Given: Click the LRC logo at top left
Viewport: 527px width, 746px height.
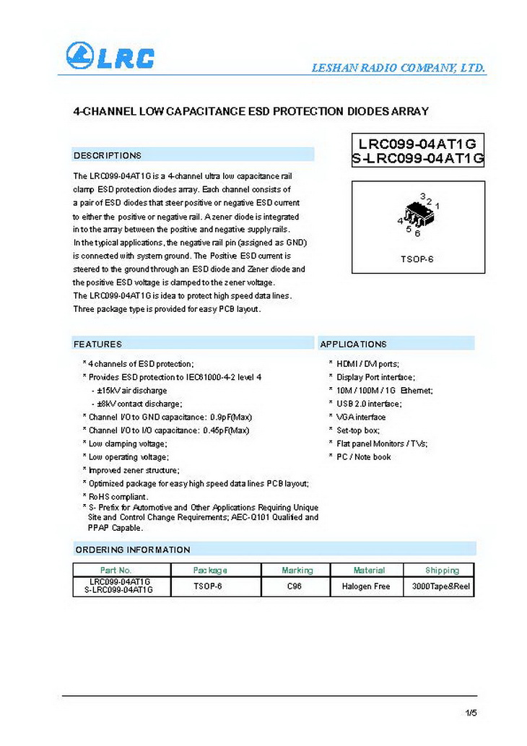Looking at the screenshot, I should pyautogui.click(x=110, y=56).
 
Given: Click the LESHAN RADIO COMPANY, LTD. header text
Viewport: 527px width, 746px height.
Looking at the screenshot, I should pyautogui.click(x=398, y=69).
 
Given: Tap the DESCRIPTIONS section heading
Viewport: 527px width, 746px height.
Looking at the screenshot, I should pyautogui.click(x=108, y=155).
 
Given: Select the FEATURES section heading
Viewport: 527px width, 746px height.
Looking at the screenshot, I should pyautogui.click(x=98, y=344).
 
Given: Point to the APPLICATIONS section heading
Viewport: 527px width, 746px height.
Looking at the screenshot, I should pyautogui.click(x=354, y=344).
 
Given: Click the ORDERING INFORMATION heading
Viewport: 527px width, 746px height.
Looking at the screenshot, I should pyautogui.click(x=133, y=550).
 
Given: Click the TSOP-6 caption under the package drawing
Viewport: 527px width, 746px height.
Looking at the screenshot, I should pyautogui.click(x=417, y=259).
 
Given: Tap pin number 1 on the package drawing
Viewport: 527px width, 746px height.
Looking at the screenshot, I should pyautogui.click(x=437, y=206).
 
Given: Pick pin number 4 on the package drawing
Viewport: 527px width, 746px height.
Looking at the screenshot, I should pyautogui.click(x=400, y=221).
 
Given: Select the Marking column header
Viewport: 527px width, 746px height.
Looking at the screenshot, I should pyautogui.click(x=297, y=571).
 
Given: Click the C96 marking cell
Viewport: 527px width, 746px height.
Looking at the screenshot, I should pyautogui.click(x=295, y=586).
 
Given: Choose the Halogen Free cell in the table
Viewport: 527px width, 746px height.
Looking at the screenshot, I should pyautogui.click(x=366, y=586).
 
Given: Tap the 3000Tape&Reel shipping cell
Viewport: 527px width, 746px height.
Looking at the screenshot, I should pyautogui.click(x=441, y=586).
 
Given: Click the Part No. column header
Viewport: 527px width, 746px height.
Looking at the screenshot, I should pyautogui.click(x=116, y=571).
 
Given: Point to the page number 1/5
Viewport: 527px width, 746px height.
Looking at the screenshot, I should pyautogui.click(x=471, y=714).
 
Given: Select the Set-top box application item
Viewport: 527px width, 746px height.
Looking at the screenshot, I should pyautogui.click(x=358, y=430).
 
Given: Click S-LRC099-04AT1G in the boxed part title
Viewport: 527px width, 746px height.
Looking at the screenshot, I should pyautogui.click(x=418, y=158).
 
